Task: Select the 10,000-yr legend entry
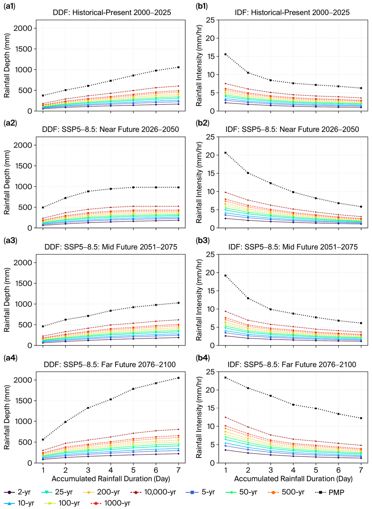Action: tap(153, 492)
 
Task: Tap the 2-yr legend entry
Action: tap(17, 492)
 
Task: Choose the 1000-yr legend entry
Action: tap(110, 503)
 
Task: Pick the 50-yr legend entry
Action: tap(241, 492)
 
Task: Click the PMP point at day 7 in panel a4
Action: tap(178, 378)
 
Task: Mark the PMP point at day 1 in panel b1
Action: tap(225, 54)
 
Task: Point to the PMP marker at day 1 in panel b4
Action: tap(225, 377)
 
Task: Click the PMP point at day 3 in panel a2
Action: tap(88, 191)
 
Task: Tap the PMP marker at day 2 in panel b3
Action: tap(248, 298)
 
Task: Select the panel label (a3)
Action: tap(10, 240)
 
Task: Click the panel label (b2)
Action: tap(203, 123)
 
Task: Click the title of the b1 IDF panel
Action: tap(292, 12)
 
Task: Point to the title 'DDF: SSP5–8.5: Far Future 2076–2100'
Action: tap(110, 365)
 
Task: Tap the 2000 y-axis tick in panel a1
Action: tap(23, 28)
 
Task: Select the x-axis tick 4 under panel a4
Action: tap(111, 470)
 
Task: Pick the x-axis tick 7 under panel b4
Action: tap(361, 470)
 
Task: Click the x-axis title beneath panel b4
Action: tap(293, 479)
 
